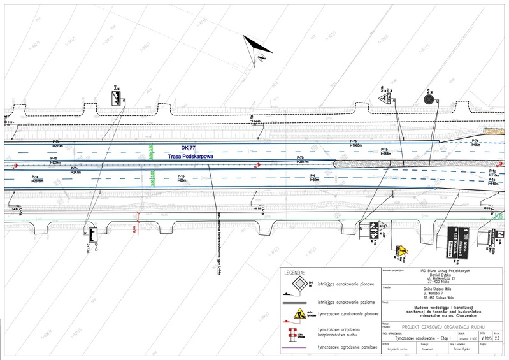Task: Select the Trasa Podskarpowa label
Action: click(189, 156)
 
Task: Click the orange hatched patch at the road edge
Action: click(493, 131)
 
